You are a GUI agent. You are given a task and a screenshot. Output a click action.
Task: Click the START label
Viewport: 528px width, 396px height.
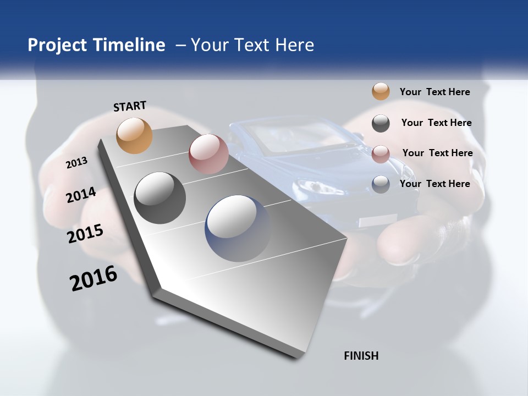coord(130,106)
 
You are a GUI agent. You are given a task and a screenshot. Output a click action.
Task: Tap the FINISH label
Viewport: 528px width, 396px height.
coord(361,356)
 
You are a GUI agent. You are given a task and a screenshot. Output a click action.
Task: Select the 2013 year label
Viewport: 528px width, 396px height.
coord(77,162)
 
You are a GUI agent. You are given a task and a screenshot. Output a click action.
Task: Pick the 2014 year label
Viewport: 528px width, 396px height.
coord(81,195)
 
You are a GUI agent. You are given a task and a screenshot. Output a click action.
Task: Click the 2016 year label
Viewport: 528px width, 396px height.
coord(94,278)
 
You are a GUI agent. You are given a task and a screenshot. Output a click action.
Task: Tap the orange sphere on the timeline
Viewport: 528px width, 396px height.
coord(135,135)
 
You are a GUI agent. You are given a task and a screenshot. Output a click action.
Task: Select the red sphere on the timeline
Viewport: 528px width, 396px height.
coord(208,154)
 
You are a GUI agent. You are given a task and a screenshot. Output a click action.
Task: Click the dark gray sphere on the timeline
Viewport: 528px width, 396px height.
coord(160,198)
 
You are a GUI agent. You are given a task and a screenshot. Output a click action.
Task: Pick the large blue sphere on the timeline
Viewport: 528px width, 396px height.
coord(238,228)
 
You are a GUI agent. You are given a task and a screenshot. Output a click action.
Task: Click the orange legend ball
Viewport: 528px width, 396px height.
coord(381,91)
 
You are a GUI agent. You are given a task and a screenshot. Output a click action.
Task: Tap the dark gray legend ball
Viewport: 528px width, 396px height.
coord(381,123)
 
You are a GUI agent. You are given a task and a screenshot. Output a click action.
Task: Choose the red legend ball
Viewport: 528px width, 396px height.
coord(381,154)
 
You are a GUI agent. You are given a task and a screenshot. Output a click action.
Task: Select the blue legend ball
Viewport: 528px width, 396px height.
coord(381,184)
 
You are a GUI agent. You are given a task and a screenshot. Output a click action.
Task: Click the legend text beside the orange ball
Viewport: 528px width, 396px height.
coord(435,92)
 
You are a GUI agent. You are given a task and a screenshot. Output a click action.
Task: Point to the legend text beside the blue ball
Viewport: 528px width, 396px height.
coord(435,184)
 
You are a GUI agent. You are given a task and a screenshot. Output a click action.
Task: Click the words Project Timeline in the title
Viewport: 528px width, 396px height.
coord(96,45)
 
